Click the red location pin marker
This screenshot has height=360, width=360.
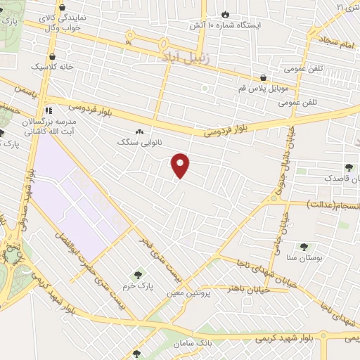coord(181,165)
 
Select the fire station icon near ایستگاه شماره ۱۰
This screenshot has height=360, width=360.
coord(224,13)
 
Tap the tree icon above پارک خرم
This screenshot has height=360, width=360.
coord(137,275)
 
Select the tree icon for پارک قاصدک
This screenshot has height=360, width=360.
coord(349,167)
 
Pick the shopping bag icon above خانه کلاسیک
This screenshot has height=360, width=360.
coord(52,55)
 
